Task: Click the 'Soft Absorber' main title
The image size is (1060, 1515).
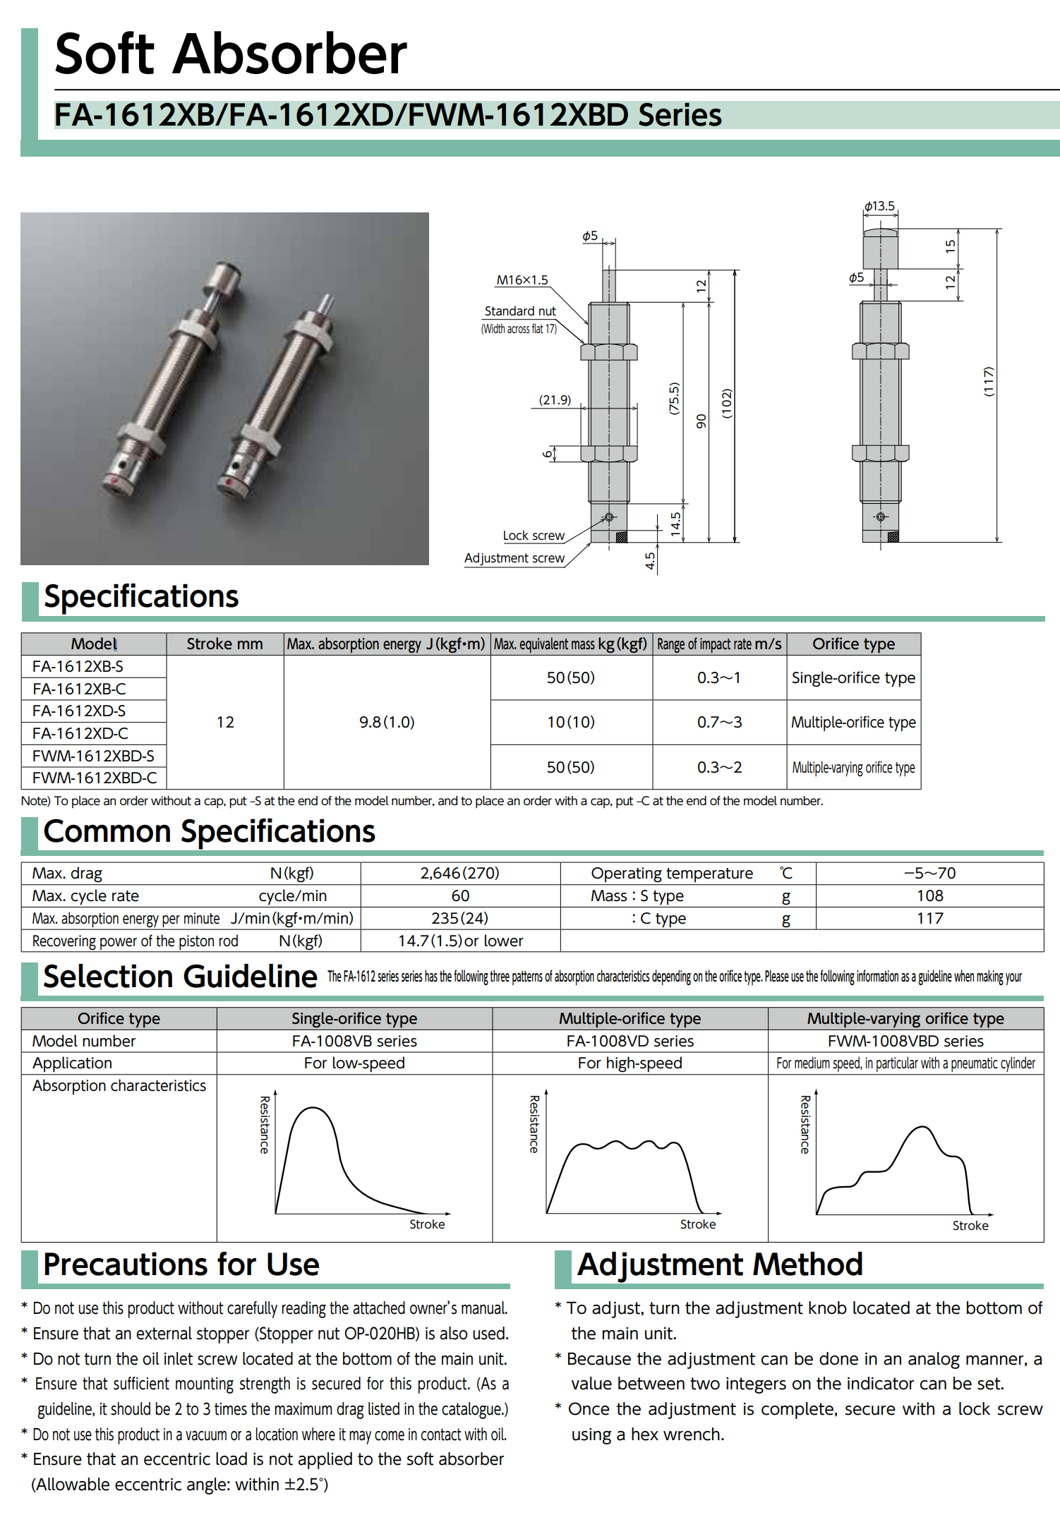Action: point(231,54)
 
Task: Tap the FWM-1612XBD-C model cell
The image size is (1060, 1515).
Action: point(95,778)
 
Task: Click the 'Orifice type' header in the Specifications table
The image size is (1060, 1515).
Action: point(853,644)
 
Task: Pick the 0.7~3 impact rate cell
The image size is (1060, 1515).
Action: point(719,722)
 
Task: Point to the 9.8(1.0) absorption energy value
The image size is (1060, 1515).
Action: point(387,722)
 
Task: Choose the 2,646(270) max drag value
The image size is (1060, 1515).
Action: point(459,873)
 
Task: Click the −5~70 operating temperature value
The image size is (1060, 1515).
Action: point(929,873)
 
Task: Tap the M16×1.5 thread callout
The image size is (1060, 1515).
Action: point(522,280)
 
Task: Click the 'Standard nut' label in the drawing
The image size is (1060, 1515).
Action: point(519,311)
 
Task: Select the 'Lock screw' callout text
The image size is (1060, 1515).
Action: point(533,536)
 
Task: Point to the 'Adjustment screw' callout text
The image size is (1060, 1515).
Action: point(514,558)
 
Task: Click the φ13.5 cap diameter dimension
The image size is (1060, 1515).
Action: point(879,206)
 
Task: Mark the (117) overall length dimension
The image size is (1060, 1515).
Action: point(989,381)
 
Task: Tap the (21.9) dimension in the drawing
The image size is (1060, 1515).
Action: point(555,400)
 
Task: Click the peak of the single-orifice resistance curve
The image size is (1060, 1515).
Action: point(311,1109)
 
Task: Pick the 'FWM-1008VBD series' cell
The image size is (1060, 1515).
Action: point(905,1041)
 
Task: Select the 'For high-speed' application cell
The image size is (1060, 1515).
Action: point(630,1063)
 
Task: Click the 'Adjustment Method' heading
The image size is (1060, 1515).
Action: point(720,1264)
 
